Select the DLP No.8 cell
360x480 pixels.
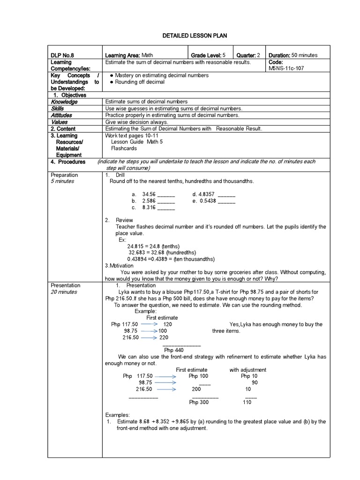(63, 55)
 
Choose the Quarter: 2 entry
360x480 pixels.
(247, 55)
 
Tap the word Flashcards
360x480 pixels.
(124, 148)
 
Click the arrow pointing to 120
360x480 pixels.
(149, 324)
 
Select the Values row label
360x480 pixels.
(60, 122)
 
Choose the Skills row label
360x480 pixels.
(58, 108)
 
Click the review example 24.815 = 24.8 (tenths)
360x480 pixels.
(153, 246)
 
